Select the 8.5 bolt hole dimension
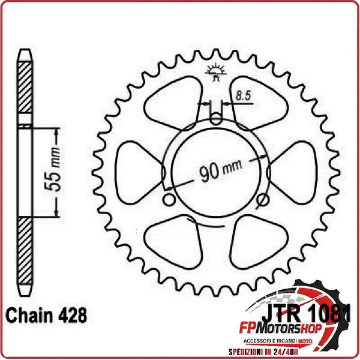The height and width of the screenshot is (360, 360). click(243, 94)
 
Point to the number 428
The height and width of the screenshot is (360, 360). click(72, 314)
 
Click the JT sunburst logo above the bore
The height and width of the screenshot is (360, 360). click(216, 70)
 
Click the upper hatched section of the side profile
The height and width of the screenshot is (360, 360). click(24, 90)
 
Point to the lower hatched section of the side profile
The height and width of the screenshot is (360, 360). click(24, 252)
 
